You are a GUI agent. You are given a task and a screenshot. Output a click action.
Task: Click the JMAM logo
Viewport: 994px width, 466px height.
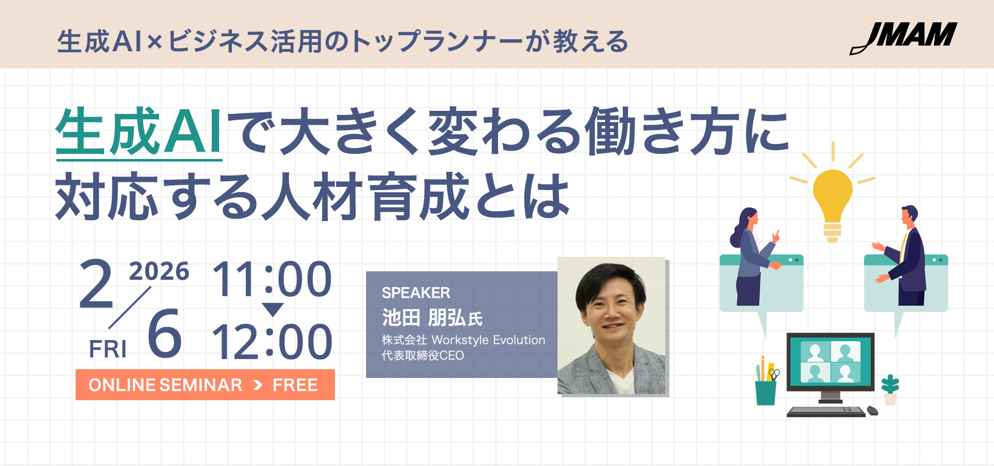(x=903, y=38)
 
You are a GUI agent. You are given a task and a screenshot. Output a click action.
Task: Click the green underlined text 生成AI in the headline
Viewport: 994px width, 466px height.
(x=139, y=132)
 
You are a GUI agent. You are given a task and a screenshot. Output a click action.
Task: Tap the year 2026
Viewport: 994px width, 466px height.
(x=159, y=272)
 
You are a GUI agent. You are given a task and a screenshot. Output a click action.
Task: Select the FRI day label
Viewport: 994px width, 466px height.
(x=108, y=349)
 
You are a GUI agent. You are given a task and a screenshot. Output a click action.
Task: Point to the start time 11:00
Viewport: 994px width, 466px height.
(x=272, y=279)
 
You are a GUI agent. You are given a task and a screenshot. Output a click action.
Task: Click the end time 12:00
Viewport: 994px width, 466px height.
(x=272, y=342)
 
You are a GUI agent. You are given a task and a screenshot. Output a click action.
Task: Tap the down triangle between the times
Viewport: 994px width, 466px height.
(x=273, y=309)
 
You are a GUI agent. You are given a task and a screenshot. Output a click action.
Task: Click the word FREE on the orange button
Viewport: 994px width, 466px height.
(x=295, y=385)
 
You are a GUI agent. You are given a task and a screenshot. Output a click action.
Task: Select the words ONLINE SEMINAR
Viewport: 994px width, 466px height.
(x=166, y=385)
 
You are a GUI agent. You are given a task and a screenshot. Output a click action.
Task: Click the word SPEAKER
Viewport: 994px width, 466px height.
(x=416, y=293)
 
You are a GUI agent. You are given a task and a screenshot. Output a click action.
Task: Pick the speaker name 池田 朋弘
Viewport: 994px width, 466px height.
(x=424, y=317)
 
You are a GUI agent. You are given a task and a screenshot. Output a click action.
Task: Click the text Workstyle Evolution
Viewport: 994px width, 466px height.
(x=488, y=340)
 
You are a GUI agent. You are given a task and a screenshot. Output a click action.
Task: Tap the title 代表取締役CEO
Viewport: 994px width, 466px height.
(x=422, y=356)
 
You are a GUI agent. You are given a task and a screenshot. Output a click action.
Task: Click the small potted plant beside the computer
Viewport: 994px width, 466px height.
(x=890, y=389)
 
